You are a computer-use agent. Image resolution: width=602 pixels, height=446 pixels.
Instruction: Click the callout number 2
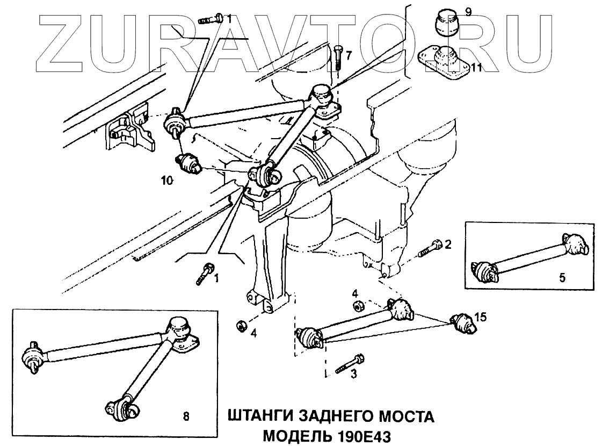point(447,245)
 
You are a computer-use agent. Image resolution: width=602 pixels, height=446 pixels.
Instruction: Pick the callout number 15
point(481,318)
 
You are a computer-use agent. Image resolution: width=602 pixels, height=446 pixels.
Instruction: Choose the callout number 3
point(353,375)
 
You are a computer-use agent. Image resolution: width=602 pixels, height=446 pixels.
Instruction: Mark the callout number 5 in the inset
point(562,278)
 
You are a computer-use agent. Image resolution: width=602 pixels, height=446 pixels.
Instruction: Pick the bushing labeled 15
point(461,324)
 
